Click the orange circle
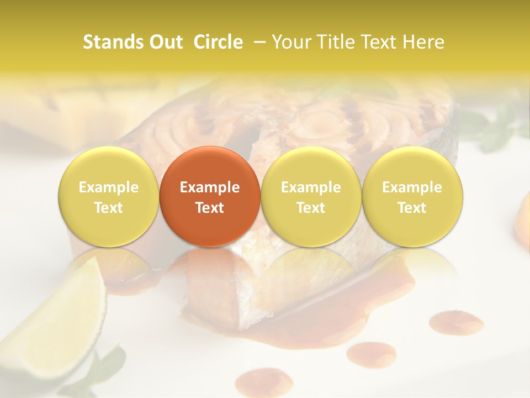click(210, 196)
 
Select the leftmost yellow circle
click(109, 196)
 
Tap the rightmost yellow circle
click(412, 196)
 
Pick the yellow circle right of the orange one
click(311, 196)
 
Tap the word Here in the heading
click(423, 42)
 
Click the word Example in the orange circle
click(210, 187)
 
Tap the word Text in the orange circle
click(210, 208)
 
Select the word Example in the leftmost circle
click(109, 187)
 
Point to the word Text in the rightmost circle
click(412, 208)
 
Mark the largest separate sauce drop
click(456, 321)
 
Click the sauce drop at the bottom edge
click(264, 383)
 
